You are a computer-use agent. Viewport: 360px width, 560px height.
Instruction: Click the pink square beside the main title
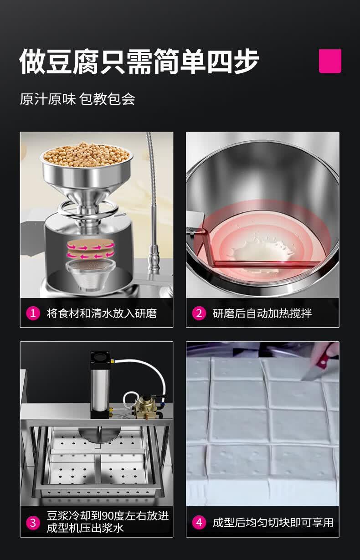330,61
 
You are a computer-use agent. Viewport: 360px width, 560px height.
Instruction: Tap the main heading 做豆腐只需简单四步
139,62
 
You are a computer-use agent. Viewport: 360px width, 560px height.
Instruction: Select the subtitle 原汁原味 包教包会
77,99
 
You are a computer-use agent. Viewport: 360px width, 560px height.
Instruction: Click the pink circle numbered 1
33,313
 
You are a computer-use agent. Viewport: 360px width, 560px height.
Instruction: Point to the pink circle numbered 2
199,313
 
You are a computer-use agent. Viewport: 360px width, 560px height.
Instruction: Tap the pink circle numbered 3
33,523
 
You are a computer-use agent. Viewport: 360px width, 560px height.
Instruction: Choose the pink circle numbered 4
199,523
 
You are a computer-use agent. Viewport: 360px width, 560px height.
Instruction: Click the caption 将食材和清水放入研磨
102,313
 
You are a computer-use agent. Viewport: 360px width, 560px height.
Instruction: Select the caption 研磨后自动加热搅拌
262,313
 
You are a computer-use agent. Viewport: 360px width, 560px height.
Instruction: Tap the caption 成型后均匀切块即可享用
273,523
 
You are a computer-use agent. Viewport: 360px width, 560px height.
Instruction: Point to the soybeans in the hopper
87,154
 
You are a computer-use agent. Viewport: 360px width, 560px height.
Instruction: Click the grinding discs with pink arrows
91,250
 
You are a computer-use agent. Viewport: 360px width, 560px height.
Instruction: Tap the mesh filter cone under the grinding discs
91,274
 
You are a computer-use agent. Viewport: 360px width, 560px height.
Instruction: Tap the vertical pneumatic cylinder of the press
100,385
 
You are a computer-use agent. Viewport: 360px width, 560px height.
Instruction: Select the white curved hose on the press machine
145,365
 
